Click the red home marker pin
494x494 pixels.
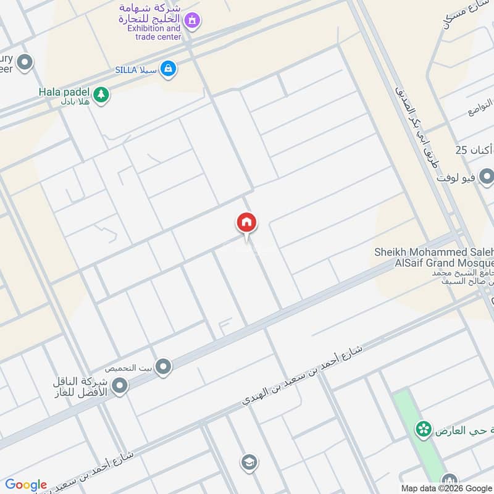246,224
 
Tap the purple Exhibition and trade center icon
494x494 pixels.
193,21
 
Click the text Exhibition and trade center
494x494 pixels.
154,32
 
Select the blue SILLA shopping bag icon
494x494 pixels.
167,69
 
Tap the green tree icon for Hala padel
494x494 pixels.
101,94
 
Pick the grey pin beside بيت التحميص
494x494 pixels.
164,367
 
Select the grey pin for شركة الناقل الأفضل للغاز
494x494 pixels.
120,387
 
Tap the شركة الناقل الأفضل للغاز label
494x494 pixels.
80,387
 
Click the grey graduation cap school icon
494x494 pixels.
249,462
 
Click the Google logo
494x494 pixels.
26,484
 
